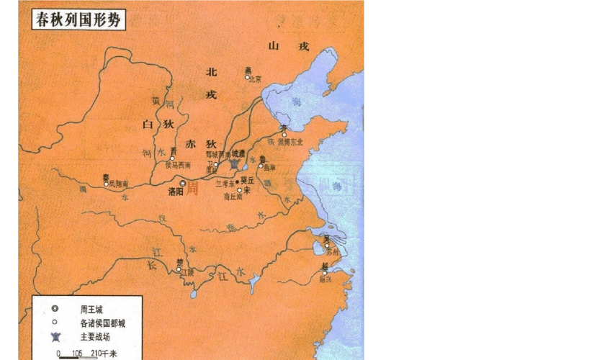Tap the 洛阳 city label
(x=176, y=192)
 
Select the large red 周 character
(x=192, y=189)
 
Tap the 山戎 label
(x=287, y=47)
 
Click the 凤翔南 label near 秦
(x=117, y=185)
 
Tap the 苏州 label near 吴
(x=331, y=252)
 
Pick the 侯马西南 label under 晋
(x=178, y=166)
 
